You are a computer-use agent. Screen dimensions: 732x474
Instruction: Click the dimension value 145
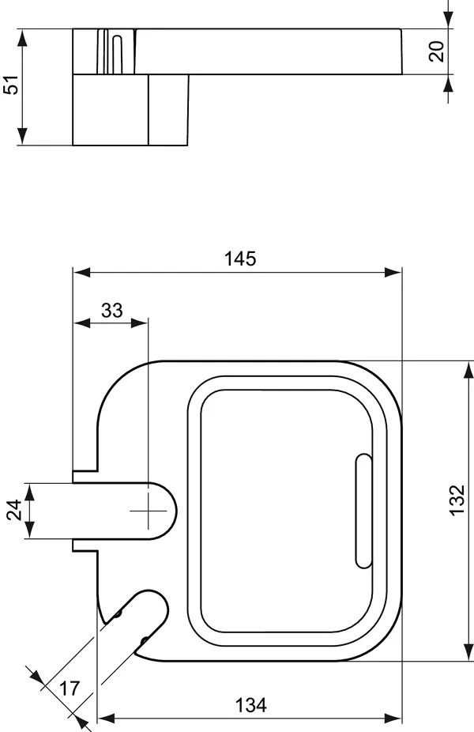(x=239, y=258)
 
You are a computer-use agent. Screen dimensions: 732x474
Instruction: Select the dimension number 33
(x=112, y=310)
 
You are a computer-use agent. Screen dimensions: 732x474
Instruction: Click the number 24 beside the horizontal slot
(x=13, y=511)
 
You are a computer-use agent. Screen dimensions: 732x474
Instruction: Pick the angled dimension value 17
(x=70, y=689)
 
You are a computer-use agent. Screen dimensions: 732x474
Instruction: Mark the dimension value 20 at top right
(x=437, y=51)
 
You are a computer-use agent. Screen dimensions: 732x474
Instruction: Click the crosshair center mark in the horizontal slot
(x=148, y=511)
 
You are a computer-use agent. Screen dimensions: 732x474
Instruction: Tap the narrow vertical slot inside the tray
(x=363, y=511)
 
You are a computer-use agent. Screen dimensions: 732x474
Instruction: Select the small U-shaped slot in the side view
(x=118, y=54)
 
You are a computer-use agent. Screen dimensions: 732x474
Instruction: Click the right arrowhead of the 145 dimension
(x=395, y=272)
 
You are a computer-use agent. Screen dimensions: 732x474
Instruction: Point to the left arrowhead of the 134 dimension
(x=105, y=719)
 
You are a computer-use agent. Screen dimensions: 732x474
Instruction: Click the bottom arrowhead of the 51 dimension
(x=23, y=139)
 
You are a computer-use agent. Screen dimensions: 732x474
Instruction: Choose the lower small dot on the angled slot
(x=143, y=640)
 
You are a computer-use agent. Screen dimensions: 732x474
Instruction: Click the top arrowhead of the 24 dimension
(x=29, y=489)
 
